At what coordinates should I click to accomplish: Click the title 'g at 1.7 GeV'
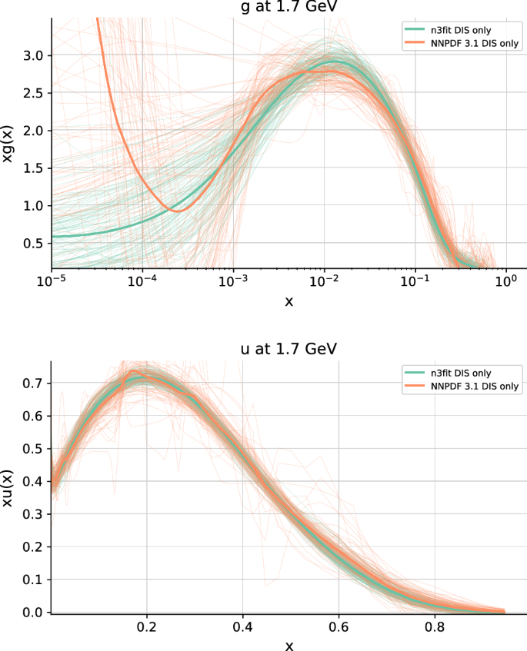[x=289, y=6]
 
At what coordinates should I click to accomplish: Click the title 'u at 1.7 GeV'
[x=289, y=348]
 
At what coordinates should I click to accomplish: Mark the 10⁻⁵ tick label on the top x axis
[x=52, y=282]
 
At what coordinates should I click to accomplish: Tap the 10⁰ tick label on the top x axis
[x=505, y=282]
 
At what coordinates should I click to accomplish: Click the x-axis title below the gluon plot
[x=289, y=301]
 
